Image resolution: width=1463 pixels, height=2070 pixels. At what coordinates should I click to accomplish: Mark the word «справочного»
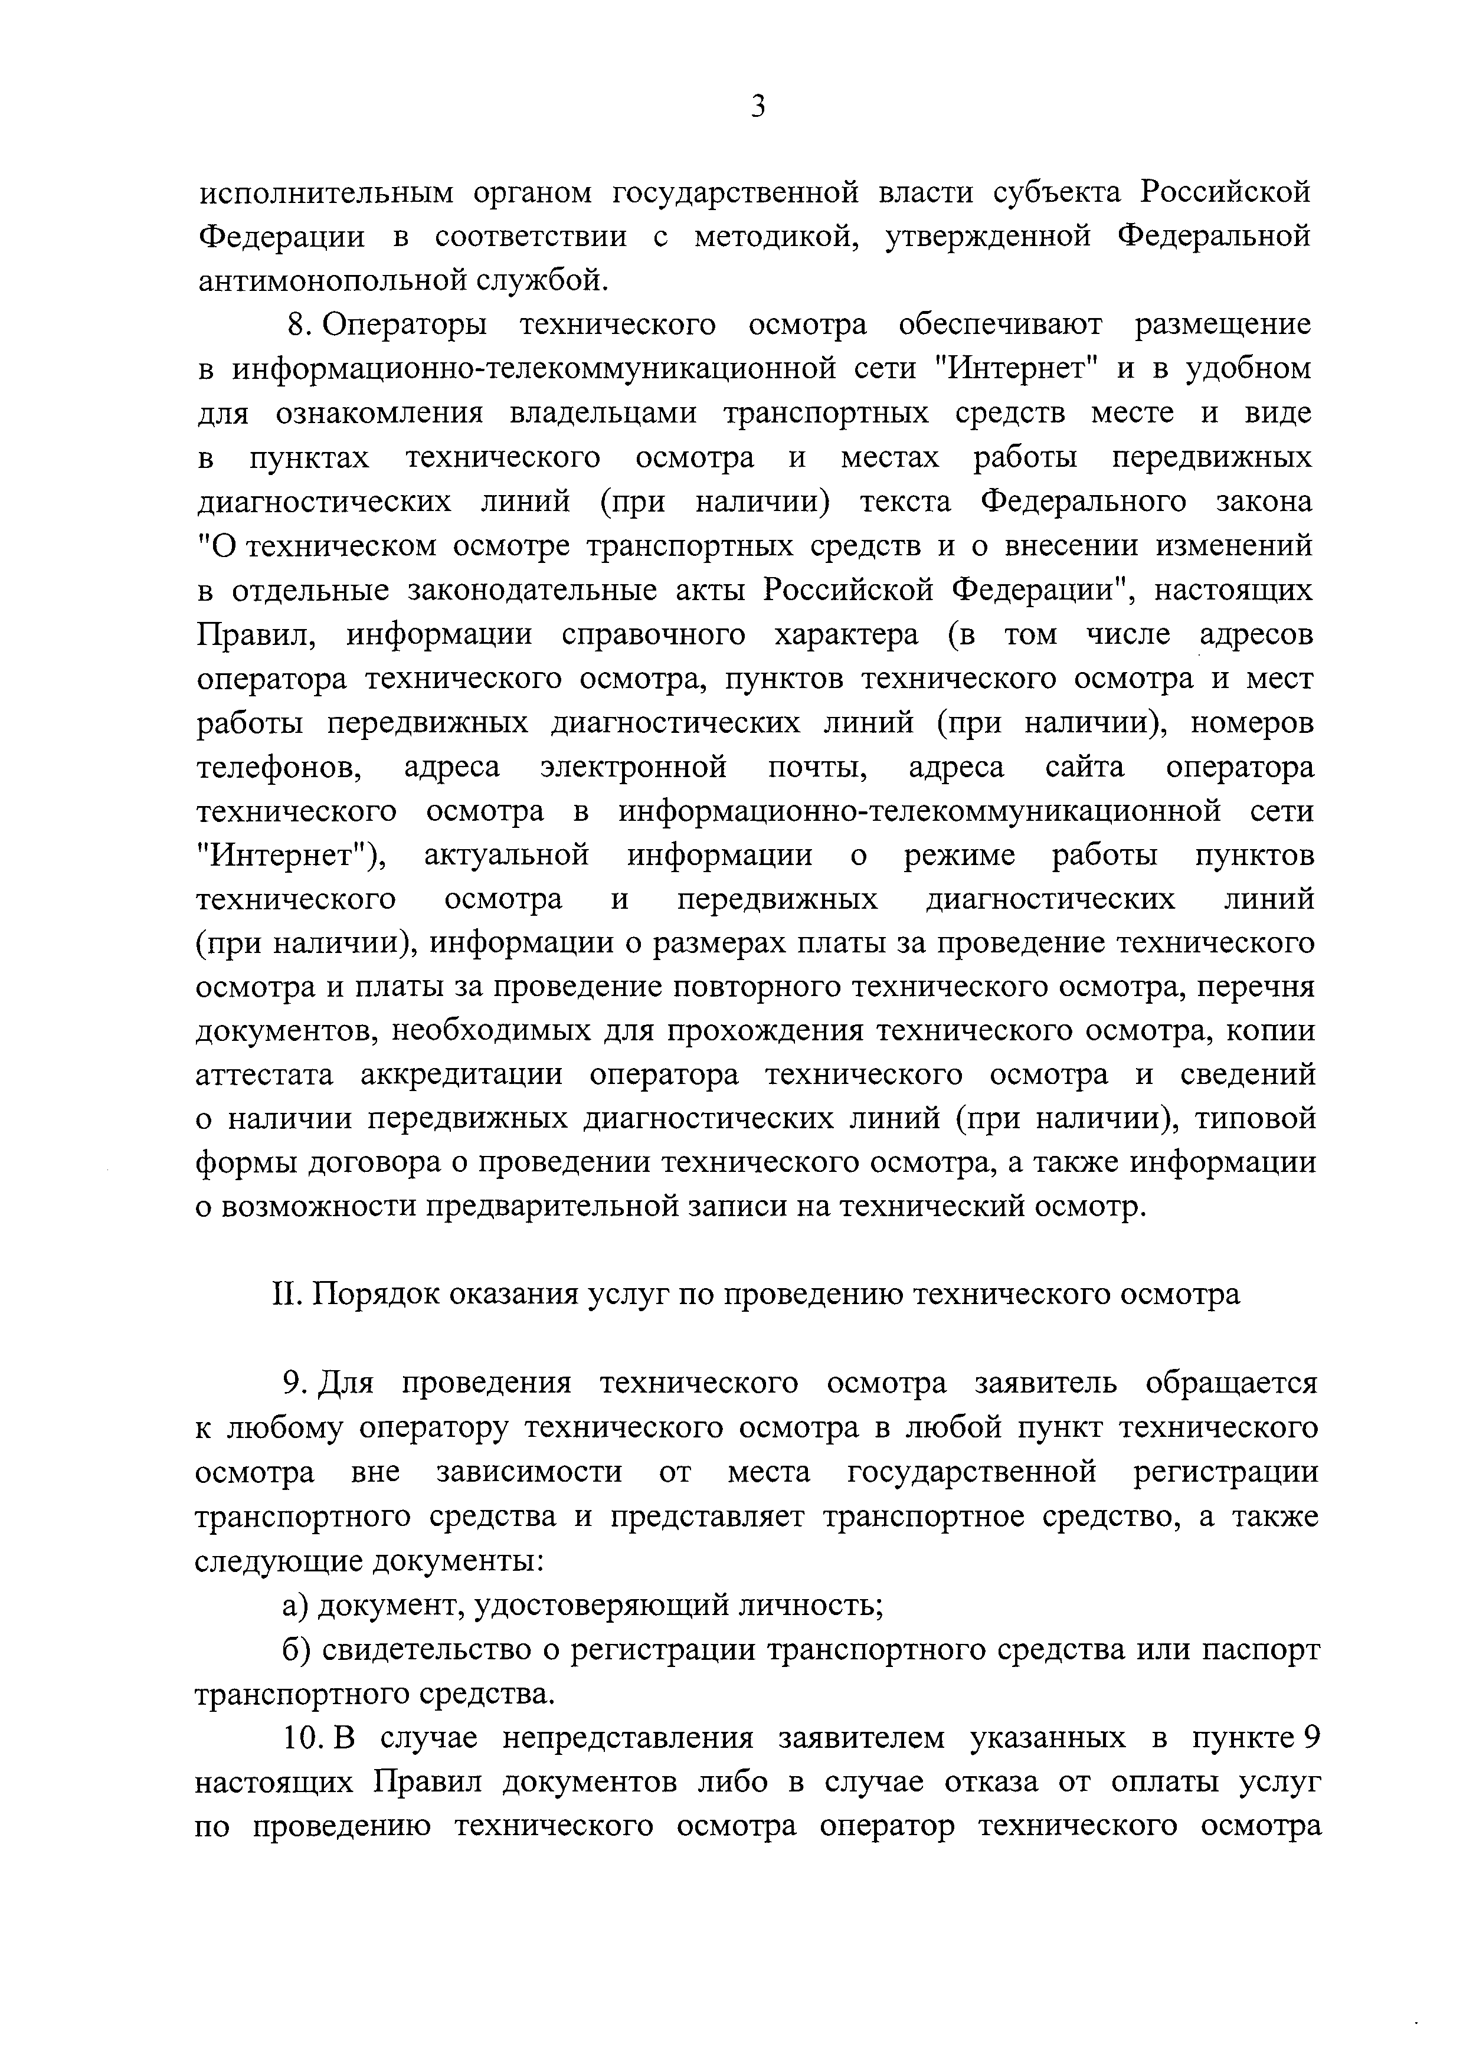(x=653, y=635)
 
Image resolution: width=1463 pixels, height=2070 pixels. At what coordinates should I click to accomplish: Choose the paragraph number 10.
(x=305, y=1737)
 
